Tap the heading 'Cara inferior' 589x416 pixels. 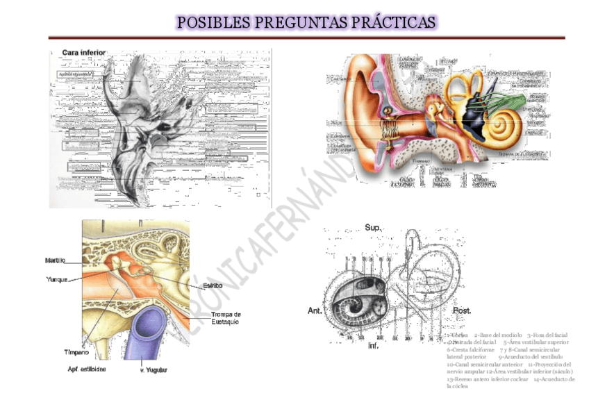84,53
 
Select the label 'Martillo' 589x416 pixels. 56,260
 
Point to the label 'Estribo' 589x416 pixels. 213,285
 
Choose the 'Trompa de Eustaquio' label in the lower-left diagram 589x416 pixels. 226,318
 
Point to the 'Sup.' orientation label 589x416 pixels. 372,228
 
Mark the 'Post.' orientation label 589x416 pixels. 462,310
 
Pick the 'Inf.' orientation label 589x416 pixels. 373,345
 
